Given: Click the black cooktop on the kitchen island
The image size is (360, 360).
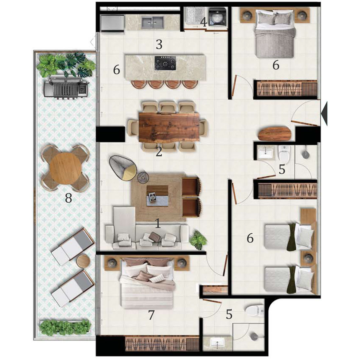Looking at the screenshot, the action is [x=165, y=63].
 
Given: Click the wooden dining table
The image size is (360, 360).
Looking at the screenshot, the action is [x=169, y=127].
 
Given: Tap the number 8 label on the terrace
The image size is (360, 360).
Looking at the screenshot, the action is [x=68, y=198].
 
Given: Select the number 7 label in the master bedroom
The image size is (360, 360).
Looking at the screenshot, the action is [x=151, y=315].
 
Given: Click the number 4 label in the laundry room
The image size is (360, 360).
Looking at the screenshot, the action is [x=204, y=22].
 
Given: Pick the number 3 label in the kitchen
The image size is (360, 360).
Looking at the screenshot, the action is [x=159, y=45].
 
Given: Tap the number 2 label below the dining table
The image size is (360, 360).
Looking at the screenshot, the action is [x=159, y=152].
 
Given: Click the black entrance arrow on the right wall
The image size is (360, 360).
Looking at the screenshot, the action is [x=324, y=114].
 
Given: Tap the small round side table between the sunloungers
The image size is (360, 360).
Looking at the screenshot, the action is [x=82, y=261].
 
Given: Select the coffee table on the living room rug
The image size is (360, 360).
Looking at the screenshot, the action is [x=157, y=196].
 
